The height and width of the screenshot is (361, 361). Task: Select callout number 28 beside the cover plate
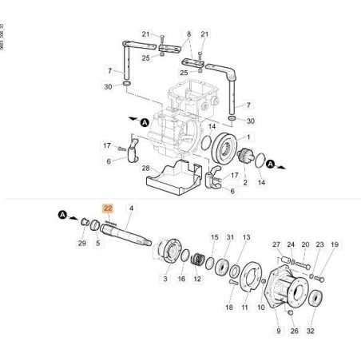(x=146, y=169)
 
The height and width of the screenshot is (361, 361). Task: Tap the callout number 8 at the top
(x=188, y=34)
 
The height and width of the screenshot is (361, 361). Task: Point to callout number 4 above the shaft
(x=131, y=208)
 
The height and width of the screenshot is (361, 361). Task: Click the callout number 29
(x=81, y=243)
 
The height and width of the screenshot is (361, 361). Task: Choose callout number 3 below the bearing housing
(x=165, y=279)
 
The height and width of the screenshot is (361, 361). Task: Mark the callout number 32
(x=311, y=330)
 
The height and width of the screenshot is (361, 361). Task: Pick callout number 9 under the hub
(x=279, y=330)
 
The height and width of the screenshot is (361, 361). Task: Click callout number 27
(x=276, y=245)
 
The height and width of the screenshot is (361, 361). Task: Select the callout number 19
(x=335, y=245)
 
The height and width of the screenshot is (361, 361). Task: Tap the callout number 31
(x=230, y=237)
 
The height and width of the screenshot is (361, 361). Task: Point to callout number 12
(x=196, y=279)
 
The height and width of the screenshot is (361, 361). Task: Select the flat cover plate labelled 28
(x=172, y=178)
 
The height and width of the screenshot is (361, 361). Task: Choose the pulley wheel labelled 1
(x=232, y=149)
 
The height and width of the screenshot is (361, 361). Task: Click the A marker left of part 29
(x=61, y=214)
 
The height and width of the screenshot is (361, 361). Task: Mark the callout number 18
(x=228, y=307)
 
